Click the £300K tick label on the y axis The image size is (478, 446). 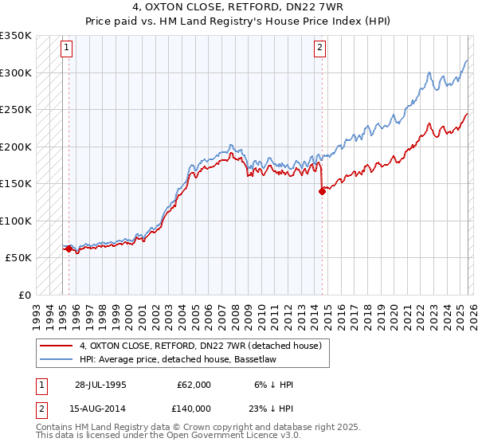click(x=16, y=72)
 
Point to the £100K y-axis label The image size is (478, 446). click(x=16, y=221)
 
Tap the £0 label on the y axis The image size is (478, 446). click(x=24, y=295)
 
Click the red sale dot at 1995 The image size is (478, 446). click(x=69, y=248)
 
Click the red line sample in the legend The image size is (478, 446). click(x=57, y=346)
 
